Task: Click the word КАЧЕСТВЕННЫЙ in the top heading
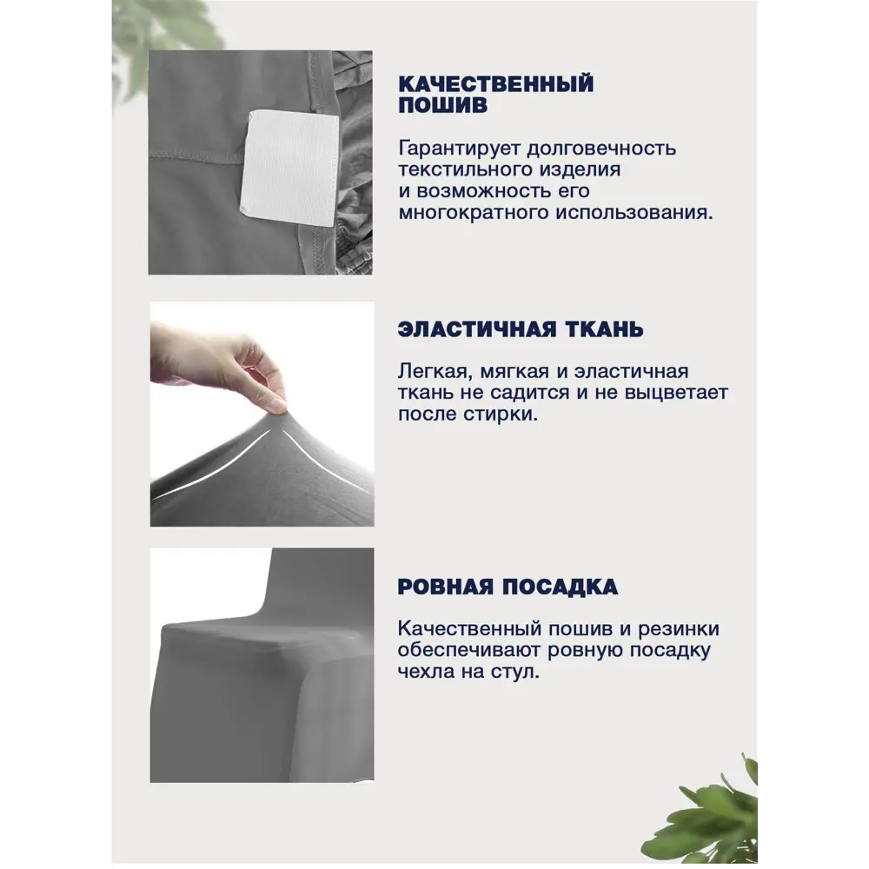tap(495, 83)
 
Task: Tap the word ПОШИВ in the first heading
tap(442, 106)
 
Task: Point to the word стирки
tap(506, 415)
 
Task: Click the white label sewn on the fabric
tap(289, 168)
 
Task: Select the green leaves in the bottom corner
tap(713, 813)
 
